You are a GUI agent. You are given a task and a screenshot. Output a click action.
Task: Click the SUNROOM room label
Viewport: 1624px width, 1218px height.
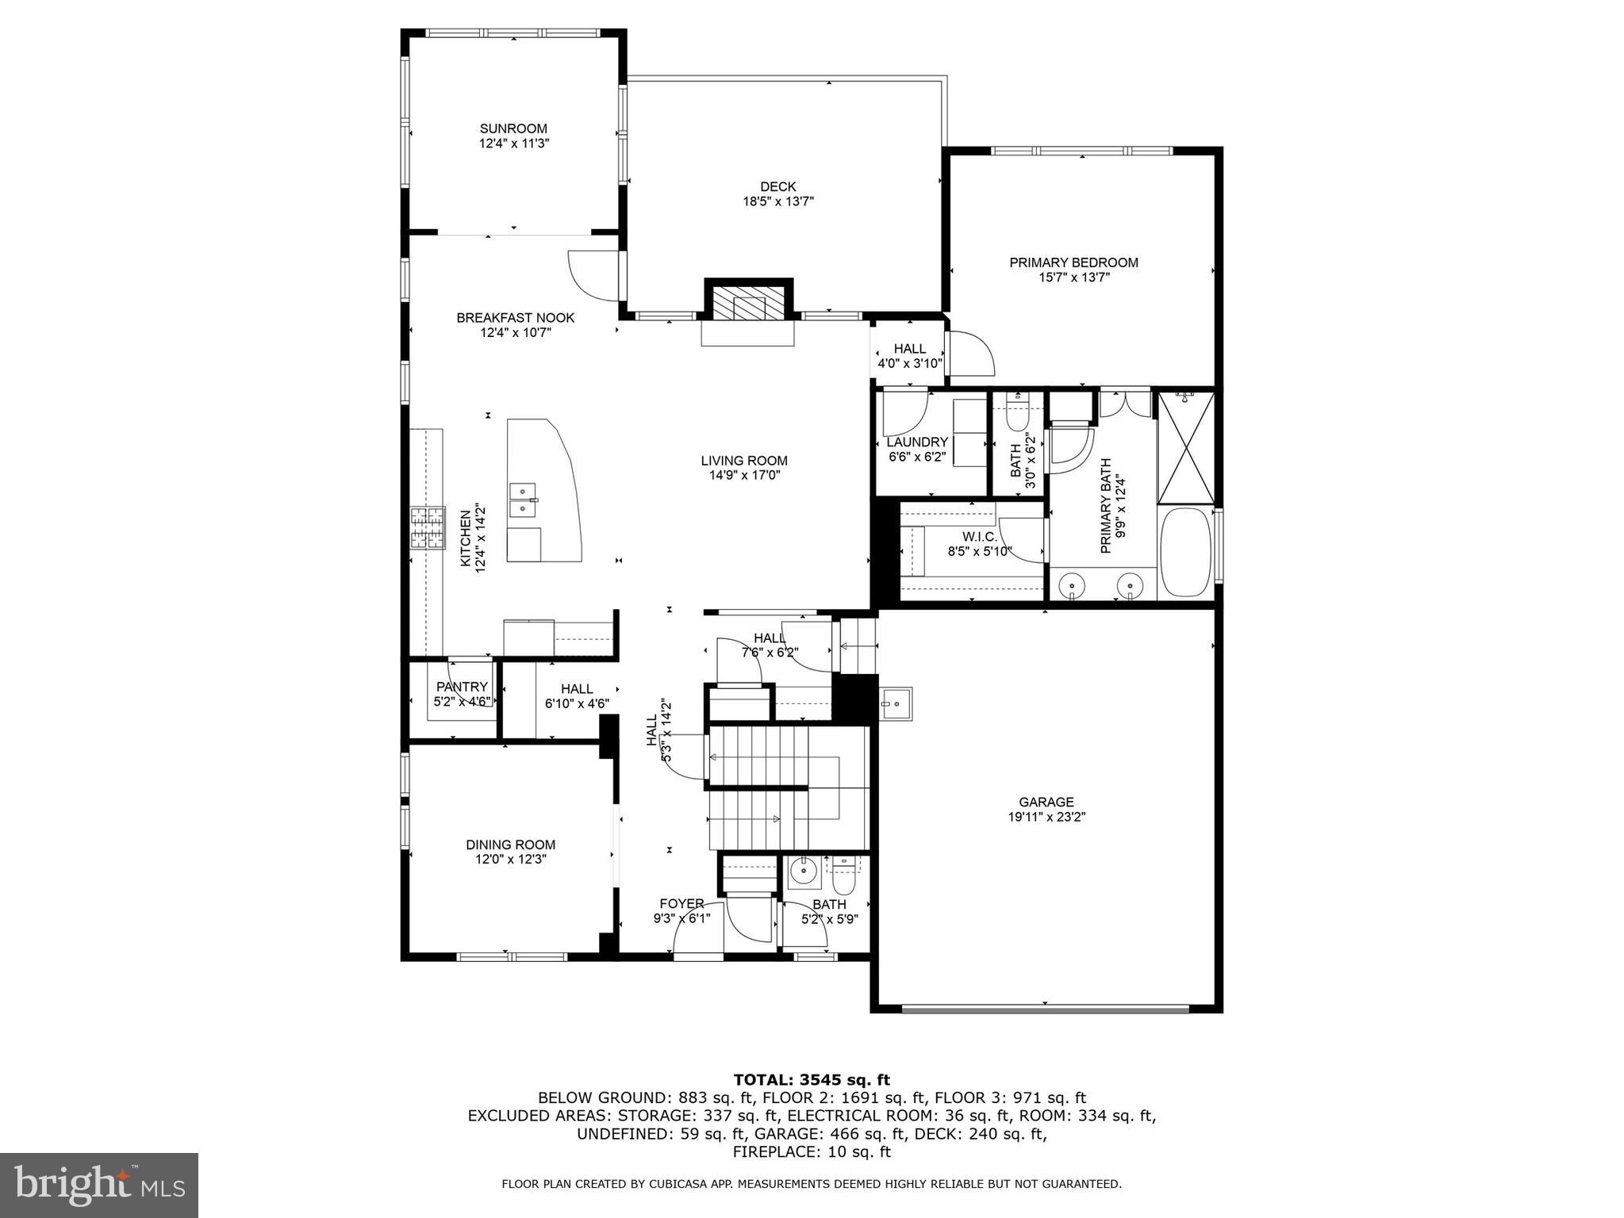[513, 128]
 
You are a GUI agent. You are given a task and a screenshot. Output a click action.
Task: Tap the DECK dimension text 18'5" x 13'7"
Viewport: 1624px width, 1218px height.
[777, 201]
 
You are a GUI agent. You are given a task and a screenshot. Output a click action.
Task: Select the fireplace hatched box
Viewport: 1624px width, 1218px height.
[748, 301]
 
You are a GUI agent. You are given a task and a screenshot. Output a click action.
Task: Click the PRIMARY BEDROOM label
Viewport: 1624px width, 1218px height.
[1073, 262]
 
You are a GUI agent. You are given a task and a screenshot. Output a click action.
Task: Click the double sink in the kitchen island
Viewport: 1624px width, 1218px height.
[524, 500]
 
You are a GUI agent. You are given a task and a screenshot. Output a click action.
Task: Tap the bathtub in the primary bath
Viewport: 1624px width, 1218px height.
[1185, 552]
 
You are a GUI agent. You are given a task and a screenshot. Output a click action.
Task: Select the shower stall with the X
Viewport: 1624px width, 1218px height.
[1185, 446]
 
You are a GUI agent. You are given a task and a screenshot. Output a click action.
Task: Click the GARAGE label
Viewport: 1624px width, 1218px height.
[1046, 802]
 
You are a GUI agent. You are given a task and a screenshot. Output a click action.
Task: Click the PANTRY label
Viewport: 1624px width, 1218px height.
[462, 687]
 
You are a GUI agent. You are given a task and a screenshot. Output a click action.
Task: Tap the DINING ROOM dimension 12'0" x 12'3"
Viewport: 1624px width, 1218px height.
[510, 859]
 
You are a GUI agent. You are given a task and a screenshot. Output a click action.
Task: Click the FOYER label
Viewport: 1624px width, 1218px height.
[681, 904]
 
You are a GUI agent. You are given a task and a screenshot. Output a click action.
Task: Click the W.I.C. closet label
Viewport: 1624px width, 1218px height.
[979, 537]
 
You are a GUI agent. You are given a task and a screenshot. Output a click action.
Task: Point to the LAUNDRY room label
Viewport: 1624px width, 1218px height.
[917, 442]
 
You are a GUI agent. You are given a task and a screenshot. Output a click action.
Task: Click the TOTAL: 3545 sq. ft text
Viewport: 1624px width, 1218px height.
[811, 1079]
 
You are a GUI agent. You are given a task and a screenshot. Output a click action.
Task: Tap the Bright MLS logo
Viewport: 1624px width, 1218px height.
[98, 1185]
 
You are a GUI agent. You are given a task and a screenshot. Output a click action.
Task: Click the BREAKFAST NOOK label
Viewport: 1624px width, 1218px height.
[515, 318]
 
